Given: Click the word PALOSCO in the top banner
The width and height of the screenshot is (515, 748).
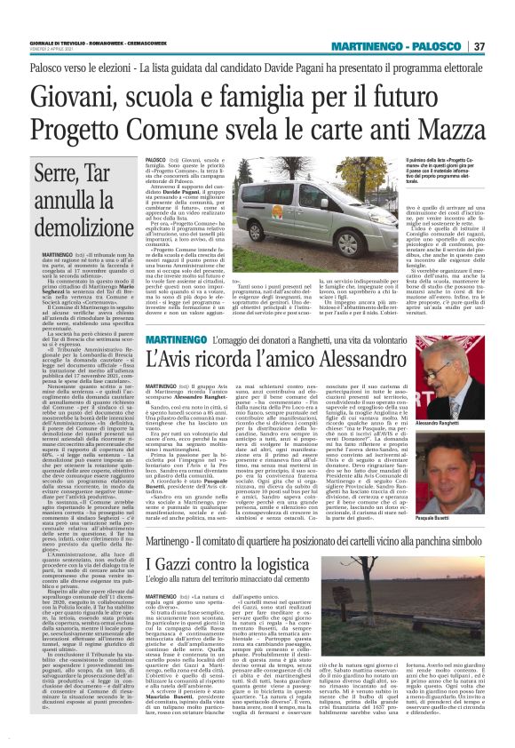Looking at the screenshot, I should click(x=437, y=47).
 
